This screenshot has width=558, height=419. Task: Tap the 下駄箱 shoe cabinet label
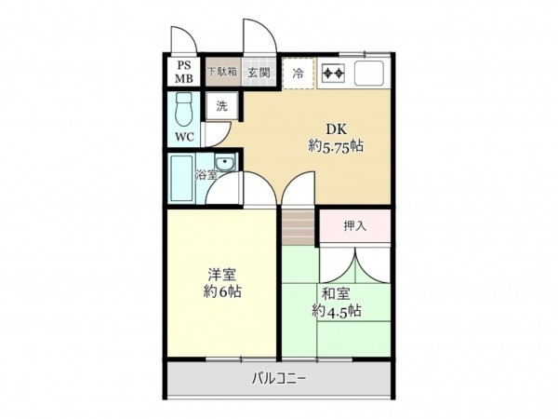click(x=221, y=71)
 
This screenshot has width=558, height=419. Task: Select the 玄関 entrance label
click(x=259, y=71)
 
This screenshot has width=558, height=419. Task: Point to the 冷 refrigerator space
click(x=299, y=72)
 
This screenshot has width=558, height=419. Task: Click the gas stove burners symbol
click(x=333, y=72)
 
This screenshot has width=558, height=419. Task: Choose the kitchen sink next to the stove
click(x=369, y=72)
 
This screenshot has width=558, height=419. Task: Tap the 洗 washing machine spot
click(x=221, y=105)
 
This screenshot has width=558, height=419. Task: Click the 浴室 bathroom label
click(x=206, y=174)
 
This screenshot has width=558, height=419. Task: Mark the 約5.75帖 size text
click(x=336, y=146)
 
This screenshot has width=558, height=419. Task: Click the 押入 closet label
click(x=355, y=225)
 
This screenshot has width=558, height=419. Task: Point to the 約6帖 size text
click(x=222, y=291)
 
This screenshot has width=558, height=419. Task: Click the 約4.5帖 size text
click(x=337, y=311)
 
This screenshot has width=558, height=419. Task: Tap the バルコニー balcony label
click(x=279, y=379)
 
